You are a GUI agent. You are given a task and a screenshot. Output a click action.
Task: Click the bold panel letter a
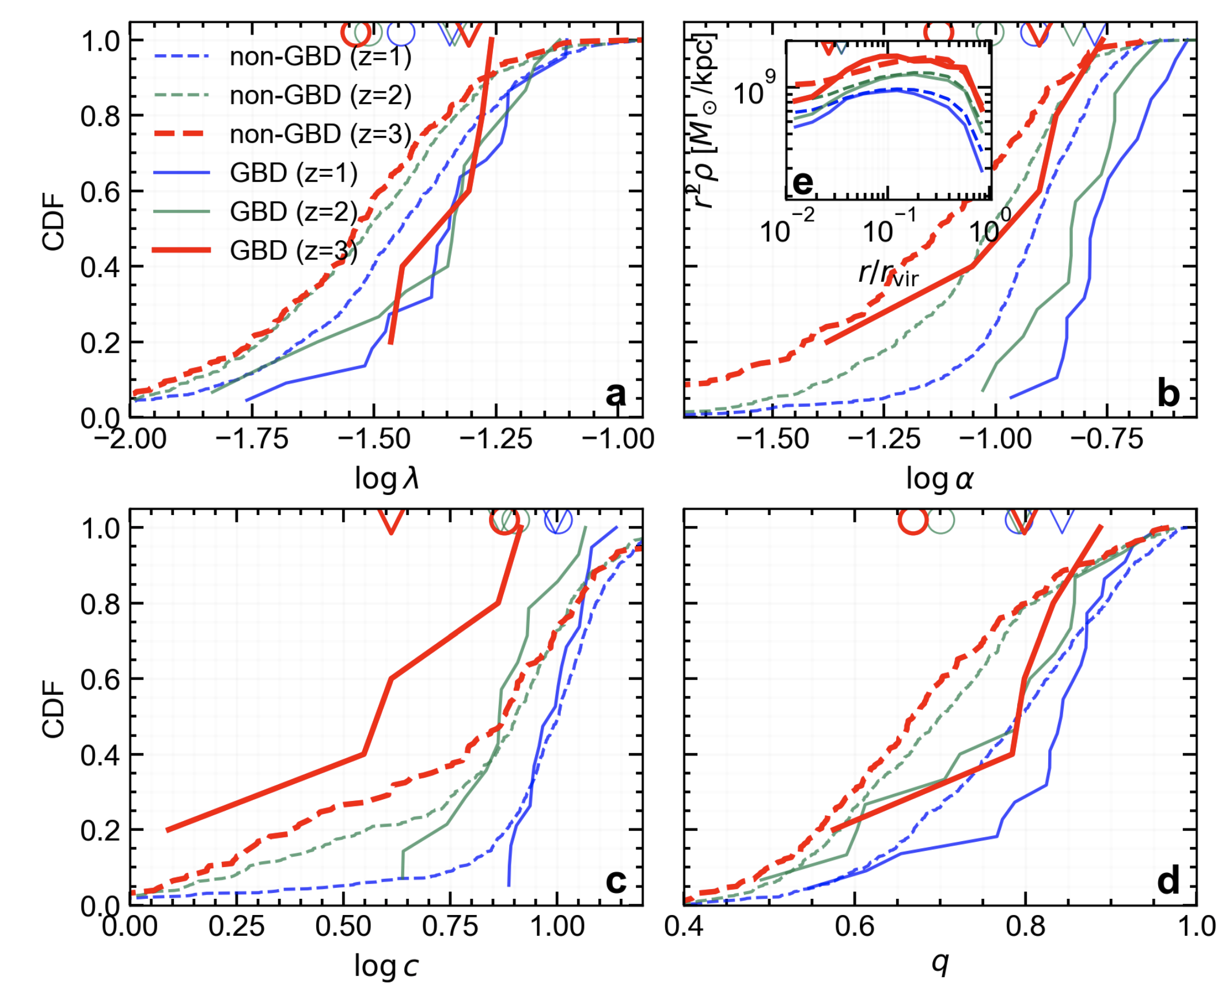615,394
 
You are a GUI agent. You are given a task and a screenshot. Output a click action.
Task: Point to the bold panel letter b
1167,394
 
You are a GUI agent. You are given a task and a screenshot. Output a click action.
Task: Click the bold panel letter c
615,881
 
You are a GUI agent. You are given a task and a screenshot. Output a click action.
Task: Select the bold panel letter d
1167,881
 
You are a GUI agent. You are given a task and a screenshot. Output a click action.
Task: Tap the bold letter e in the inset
803,183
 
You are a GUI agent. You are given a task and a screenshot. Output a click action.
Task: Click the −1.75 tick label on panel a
252,440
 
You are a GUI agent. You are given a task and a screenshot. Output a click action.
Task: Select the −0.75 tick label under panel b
1106,440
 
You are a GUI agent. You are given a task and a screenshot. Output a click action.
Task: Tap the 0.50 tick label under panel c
343,926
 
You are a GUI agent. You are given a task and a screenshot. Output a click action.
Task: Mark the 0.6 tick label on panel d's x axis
855,926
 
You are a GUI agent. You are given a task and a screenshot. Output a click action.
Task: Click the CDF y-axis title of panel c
53,709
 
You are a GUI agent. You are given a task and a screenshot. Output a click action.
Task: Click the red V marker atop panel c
392,521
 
